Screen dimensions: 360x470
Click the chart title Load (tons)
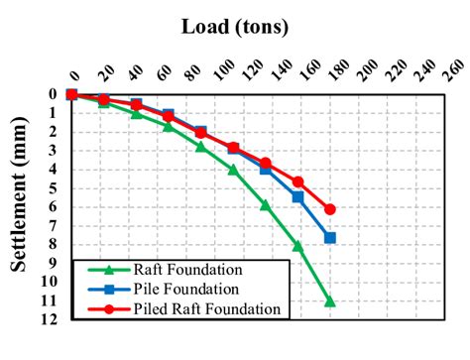234,25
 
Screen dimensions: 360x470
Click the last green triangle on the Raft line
330,301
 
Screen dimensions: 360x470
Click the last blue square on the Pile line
330,238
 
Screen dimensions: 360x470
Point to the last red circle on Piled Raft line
330,209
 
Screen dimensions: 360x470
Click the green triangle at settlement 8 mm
297,245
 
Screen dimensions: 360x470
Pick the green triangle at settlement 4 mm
233,170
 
